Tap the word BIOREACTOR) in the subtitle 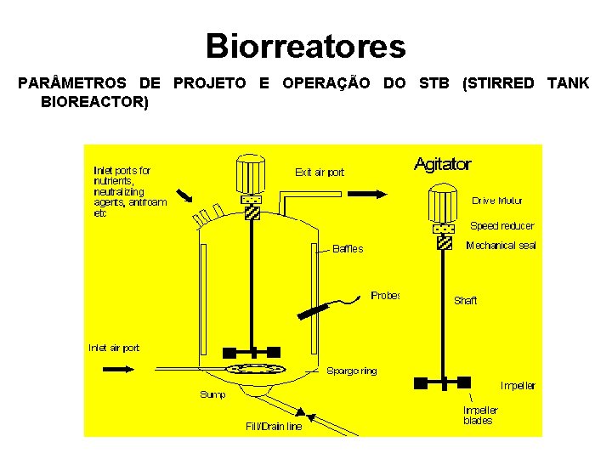(x=93, y=103)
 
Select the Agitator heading (x=442, y=165)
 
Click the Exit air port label (x=320, y=173)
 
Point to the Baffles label (x=348, y=249)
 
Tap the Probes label (x=385, y=296)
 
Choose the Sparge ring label (x=352, y=371)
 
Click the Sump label (x=212, y=394)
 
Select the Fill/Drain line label (x=274, y=427)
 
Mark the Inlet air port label (x=115, y=348)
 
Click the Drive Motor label (x=497, y=201)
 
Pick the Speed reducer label (x=502, y=226)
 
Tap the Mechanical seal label (x=501, y=246)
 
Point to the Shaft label (x=466, y=300)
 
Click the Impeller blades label (x=480, y=415)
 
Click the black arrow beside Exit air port (x=367, y=194)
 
